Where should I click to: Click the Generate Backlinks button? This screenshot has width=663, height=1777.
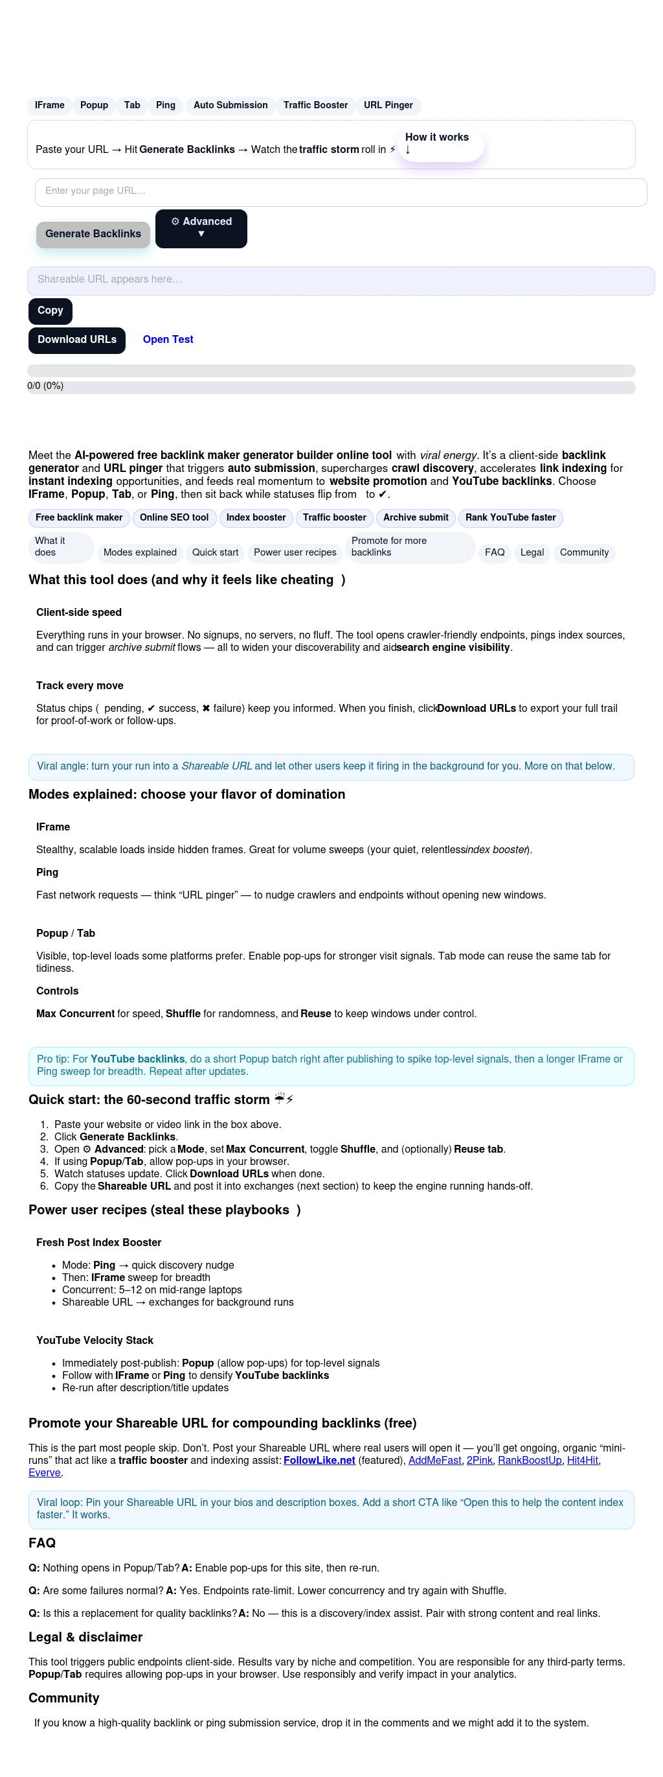pos(93,235)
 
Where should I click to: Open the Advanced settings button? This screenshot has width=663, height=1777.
pos(201,228)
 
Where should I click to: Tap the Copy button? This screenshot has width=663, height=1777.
pos(51,311)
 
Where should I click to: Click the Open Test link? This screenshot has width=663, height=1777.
pos(168,340)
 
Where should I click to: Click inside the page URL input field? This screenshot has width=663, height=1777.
pos(341,192)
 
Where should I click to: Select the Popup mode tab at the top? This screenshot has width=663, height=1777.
pos(94,106)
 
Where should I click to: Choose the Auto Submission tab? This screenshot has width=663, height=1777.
pos(230,106)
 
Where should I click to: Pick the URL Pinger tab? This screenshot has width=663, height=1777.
pos(388,106)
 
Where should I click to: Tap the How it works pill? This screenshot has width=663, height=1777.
pos(440,143)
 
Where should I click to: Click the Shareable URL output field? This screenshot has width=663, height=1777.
pos(341,280)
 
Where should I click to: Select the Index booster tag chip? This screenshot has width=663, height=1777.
pos(256,518)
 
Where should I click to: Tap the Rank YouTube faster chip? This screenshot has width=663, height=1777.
pos(510,518)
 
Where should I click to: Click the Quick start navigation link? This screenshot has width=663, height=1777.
pos(215,552)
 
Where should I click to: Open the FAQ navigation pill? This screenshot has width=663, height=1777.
pos(494,552)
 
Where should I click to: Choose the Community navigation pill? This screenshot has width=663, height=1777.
pos(584,552)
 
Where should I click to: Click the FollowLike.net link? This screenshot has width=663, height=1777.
pos(319,1461)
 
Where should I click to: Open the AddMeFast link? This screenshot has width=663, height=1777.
pos(435,1461)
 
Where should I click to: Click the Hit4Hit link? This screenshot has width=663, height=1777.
pos(582,1461)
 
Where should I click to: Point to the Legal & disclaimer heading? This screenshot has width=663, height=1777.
pos(85,1637)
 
